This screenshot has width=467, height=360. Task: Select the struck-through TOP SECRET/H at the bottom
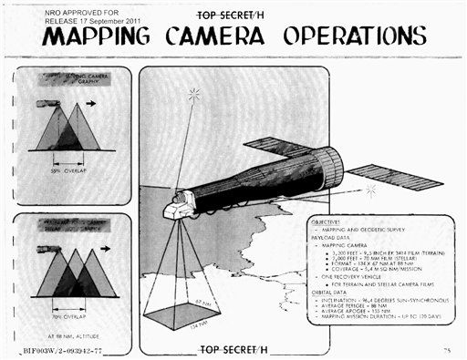235,348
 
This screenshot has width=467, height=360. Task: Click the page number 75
446,349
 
